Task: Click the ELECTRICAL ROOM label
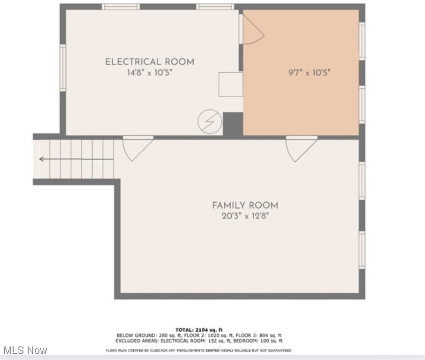[x=149, y=62]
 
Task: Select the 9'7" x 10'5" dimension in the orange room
[x=310, y=73]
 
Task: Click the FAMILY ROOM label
[x=245, y=205]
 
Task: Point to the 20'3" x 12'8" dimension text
[x=245, y=216]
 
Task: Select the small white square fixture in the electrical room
[x=231, y=84]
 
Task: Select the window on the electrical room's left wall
[x=62, y=67]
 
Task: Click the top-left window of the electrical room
[x=121, y=7]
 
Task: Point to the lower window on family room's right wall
[x=362, y=250]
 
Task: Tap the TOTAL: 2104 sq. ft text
[x=199, y=330]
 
